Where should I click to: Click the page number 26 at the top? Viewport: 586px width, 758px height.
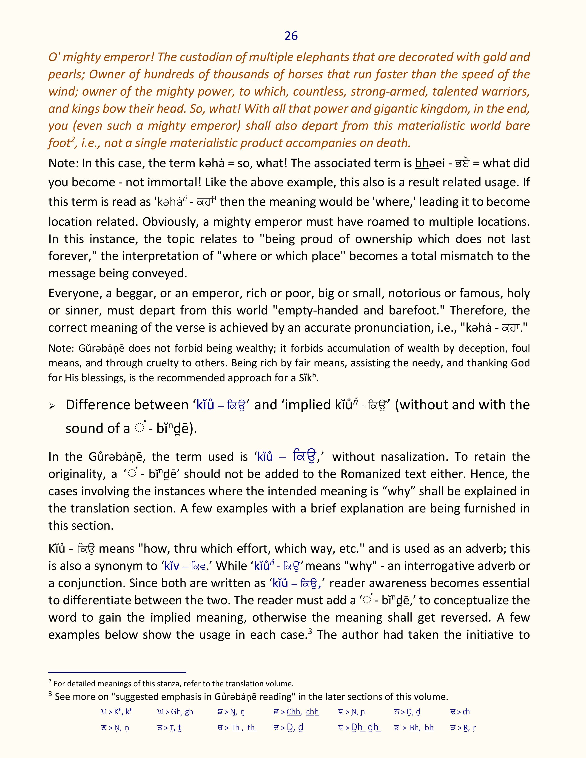click(291, 36)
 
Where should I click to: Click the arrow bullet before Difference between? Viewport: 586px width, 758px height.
click(52, 406)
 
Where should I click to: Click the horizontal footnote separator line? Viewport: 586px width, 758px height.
click(117, 672)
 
